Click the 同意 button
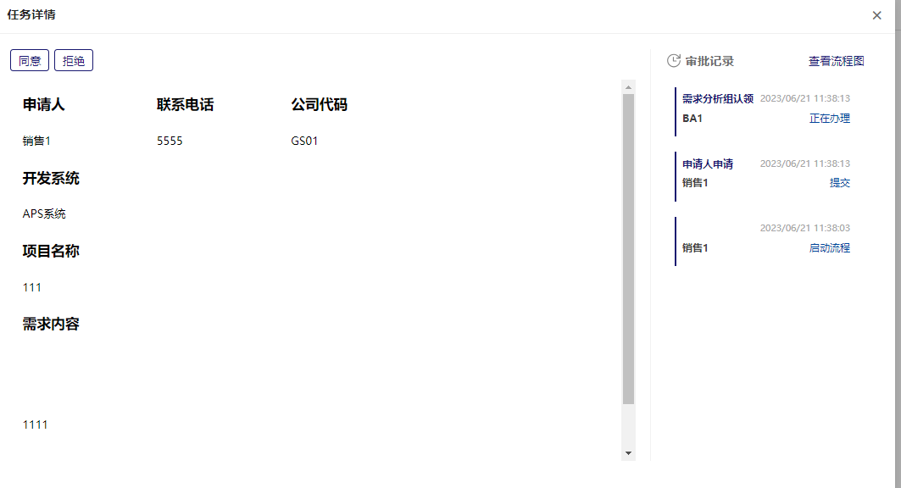30,60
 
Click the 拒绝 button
74,60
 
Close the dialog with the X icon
876,15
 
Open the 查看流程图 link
836,61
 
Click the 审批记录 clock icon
674,60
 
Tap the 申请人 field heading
43,105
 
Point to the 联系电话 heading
185,105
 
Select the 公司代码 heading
319,105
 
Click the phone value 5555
170,141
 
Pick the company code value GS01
304,141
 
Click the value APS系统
44,213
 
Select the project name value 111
32,287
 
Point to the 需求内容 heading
51,324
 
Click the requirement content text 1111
35,424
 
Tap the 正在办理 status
829,119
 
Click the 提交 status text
839,183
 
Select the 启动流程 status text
829,248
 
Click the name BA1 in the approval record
692,119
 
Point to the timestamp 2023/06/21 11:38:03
804,228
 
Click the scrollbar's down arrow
628,453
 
